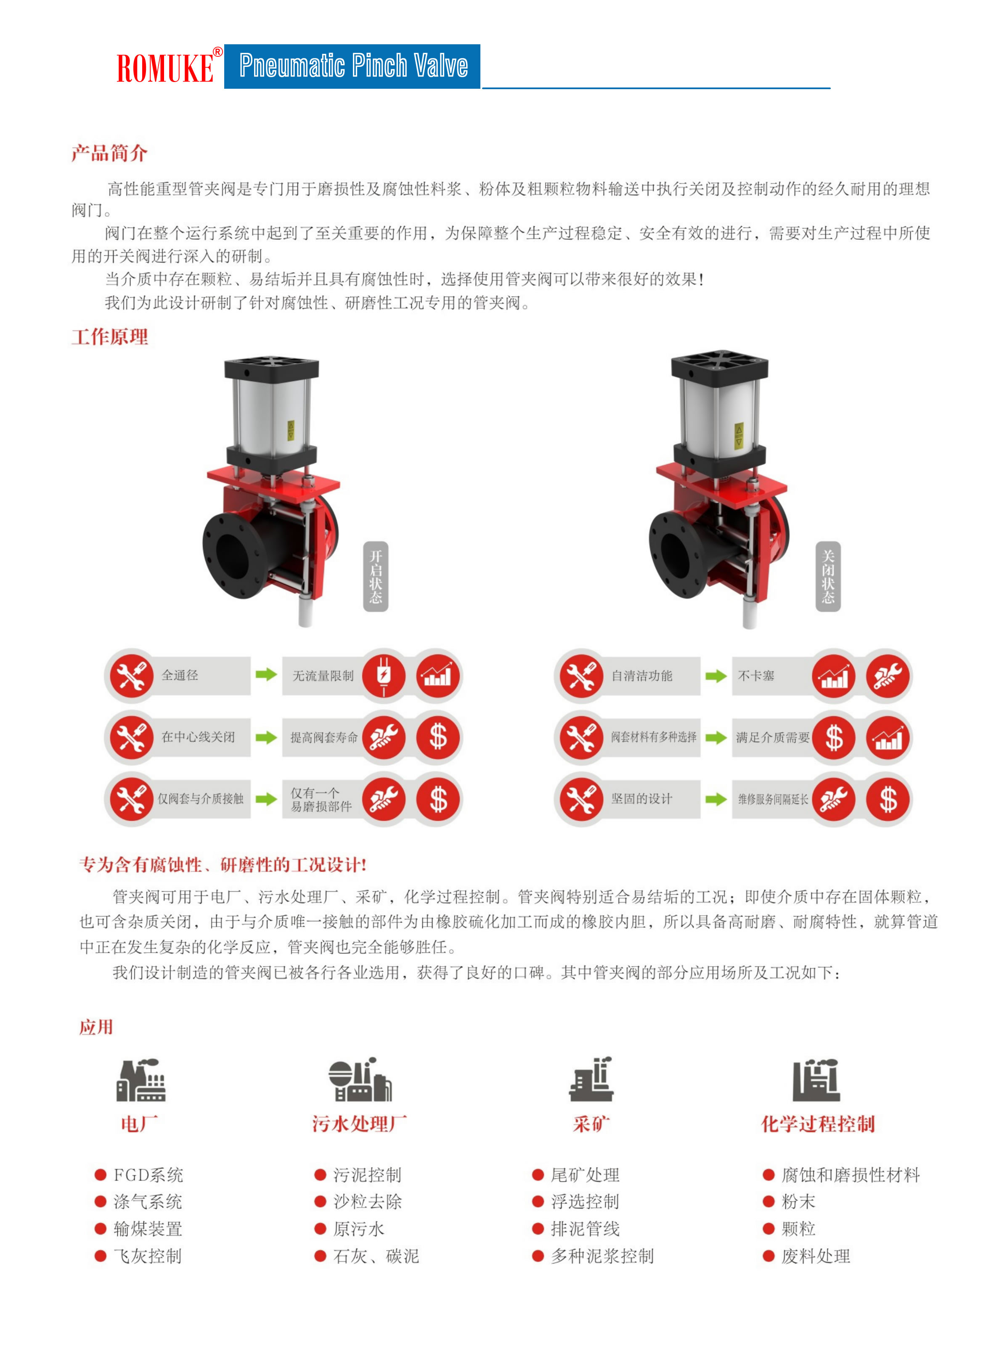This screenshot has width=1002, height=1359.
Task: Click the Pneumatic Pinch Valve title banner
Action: click(x=353, y=66)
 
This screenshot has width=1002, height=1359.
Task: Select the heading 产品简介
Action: click(x=109, y=154)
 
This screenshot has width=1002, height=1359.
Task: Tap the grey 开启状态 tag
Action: click(x=376, y=576)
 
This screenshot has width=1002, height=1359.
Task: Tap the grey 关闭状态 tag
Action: click(x=828, y=576)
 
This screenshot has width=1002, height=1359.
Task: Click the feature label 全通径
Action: click(x=180, y=675)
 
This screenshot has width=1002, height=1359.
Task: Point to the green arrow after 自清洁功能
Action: click(x=716, y=676)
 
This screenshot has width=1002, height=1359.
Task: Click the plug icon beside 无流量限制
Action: click(x=383, y=675)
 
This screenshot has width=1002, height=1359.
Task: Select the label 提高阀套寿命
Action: click(x=324, y=737)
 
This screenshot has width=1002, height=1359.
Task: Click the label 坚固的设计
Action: click(x=642, y=799)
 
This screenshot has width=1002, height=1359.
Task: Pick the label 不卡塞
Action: click(x=756, y=676)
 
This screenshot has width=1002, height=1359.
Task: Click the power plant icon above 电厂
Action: click(x=141, y=1080)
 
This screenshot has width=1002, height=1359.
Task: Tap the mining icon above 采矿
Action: click(x=591, y=1079)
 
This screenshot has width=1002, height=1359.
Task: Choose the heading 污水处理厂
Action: click(x=360, y=1124)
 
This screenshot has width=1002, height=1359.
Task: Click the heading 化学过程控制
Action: click(x=818, y=1124)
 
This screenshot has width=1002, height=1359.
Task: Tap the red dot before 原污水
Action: click(x=320, y=1229)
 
